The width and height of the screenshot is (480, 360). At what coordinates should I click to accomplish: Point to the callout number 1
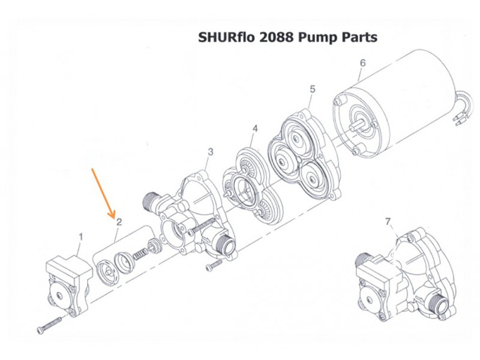[x=81, y=236]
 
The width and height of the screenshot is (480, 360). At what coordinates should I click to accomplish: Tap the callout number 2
[x=119, y=222]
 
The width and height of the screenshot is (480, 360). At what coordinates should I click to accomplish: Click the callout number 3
[x=211, y=152]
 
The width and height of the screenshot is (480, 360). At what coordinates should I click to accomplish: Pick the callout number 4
[x=255, y=128]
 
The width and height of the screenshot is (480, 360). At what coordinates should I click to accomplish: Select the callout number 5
[x=312, y=89]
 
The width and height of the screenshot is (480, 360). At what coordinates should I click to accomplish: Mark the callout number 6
[x=363, y=63]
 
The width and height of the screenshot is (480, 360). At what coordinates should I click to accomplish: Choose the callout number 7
[x=388, y=221]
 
